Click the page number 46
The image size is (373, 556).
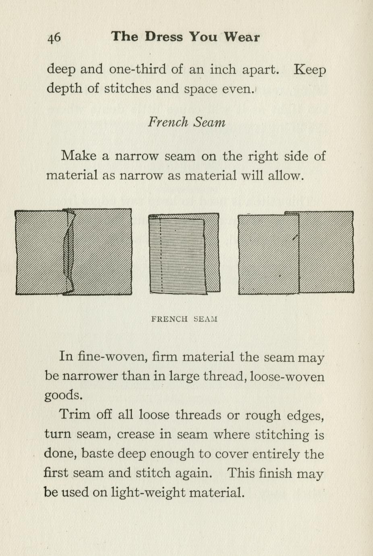pos(54,37)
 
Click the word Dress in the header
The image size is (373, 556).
pos(164,37)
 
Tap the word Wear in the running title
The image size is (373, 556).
pos(242,37)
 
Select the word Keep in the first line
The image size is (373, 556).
pos(309,70)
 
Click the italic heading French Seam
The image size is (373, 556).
pos(186,122)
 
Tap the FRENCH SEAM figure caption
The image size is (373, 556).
pos(184,319)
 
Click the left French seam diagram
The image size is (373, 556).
pos(73,252)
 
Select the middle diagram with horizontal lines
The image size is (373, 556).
pos(184,253)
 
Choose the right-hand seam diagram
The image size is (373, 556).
pos(296,253)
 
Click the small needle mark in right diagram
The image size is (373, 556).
pos(296,238)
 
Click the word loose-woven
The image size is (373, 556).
pos(287,376)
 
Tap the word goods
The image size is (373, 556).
pos(63,395)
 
